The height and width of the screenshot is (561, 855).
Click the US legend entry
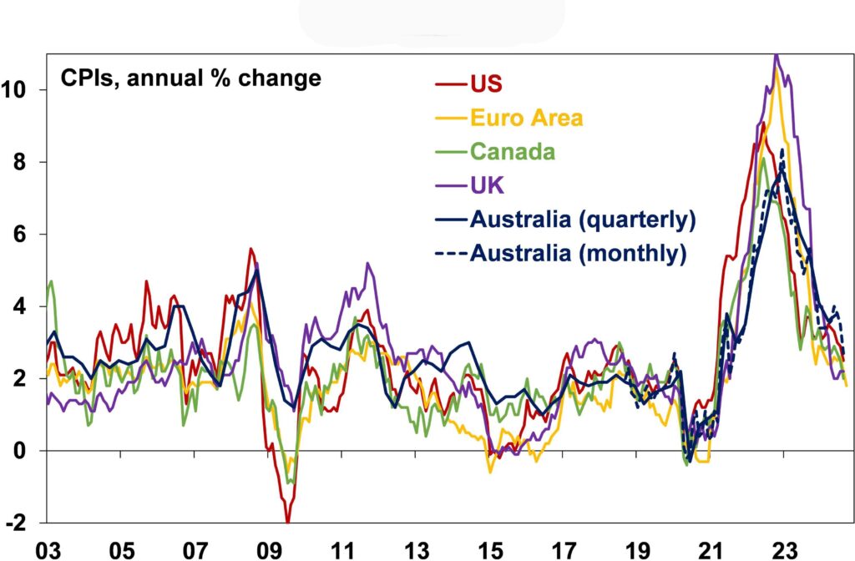[x=487, y=83]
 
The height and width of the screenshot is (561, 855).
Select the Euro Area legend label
[x=526, y=118]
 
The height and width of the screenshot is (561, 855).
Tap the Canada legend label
[x=512, y=151]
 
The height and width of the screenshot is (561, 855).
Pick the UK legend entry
[x=484, y=185]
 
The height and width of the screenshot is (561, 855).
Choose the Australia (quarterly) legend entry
[x=582, y=220]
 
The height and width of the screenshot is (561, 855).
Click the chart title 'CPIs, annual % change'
[x=190, y=79]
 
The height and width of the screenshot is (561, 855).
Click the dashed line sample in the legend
[x=451, y=253]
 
